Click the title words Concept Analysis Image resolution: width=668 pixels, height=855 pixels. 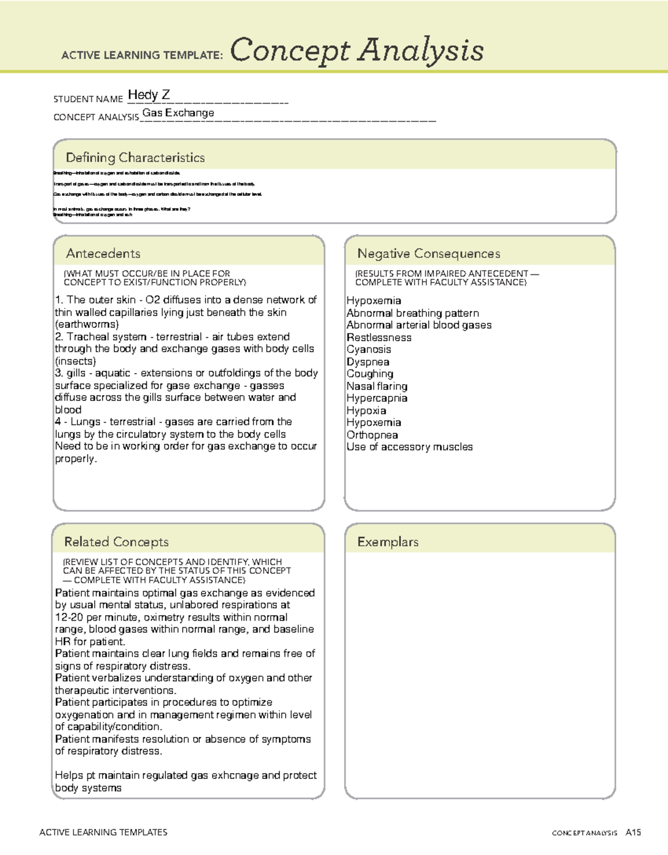coord(356,51)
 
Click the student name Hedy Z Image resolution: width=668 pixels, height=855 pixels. coord(149,95)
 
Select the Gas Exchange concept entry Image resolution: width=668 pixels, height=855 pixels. coord(178,113)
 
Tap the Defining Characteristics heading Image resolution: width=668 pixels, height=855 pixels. coord(135,158)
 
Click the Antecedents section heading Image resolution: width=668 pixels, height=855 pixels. coord(103,254)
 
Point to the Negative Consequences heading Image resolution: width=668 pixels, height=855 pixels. coord(429,254)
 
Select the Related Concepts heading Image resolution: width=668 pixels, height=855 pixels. coord(116,542)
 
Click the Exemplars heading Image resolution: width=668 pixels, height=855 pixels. coord(388,542)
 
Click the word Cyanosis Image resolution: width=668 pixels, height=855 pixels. coord(369,350)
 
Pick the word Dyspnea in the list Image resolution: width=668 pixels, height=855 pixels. coord(368,362)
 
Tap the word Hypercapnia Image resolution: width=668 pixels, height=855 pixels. coord(377,399)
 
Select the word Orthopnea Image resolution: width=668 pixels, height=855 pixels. coord(372,435)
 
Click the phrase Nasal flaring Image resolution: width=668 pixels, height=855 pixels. coord(377,386)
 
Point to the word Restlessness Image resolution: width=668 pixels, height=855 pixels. coord(379,338)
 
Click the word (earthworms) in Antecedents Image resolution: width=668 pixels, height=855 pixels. coord(87,325)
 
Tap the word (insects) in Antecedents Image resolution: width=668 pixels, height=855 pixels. coord(75,361)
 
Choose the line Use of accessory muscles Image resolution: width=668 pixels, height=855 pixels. coord(410,447)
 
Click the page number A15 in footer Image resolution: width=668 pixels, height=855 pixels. coord(633,833)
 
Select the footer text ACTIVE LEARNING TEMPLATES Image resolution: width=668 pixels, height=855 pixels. coord(104,832)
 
